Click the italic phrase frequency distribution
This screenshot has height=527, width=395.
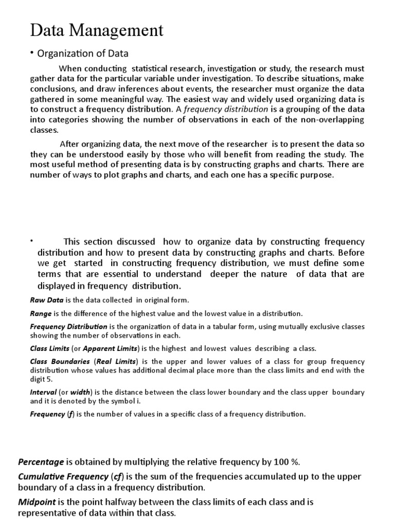[x=226, y=109]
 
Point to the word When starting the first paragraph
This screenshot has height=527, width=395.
[x=71, y=68]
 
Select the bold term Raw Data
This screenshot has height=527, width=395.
[x=45, y=300]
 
